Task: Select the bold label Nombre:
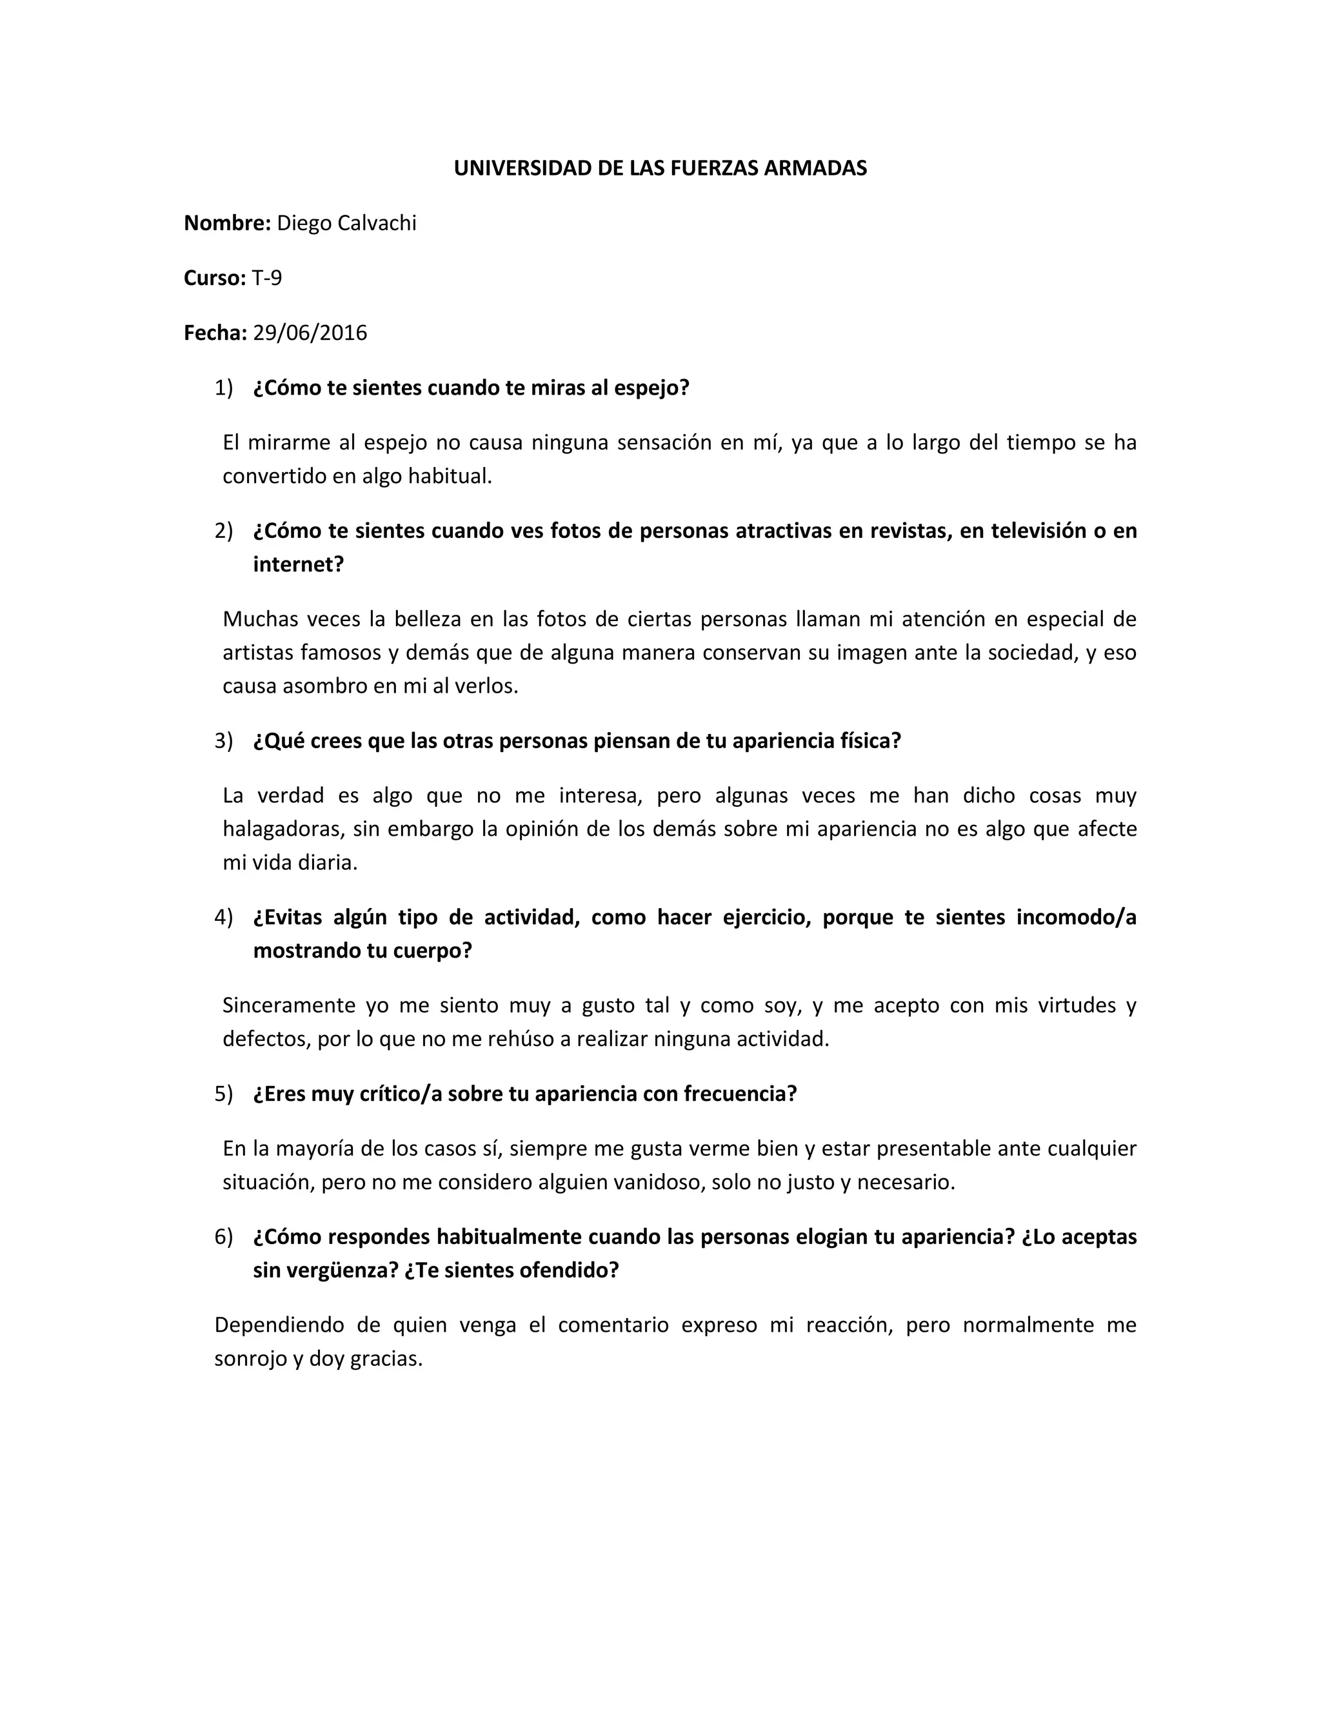[x=227, y=223]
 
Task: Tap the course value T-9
[x=267, y=278]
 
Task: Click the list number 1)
[x=224, y=388]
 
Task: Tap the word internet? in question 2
[x=298, y=564]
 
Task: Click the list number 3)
[x=224, y=741]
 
